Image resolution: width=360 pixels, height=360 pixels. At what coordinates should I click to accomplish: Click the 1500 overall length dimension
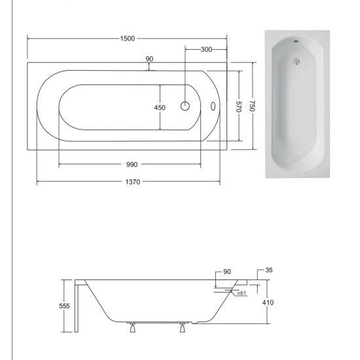128,39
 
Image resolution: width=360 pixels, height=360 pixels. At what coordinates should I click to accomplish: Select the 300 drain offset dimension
206,49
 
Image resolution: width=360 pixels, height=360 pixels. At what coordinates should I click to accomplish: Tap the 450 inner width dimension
160,107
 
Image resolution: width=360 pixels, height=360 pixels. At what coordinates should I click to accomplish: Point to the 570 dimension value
238,107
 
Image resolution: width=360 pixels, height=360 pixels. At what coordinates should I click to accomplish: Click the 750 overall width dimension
252,106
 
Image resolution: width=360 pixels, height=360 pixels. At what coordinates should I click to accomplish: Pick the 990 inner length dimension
132,164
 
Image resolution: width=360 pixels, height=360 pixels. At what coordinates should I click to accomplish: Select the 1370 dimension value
133,182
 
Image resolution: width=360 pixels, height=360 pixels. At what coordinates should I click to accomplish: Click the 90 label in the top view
149,59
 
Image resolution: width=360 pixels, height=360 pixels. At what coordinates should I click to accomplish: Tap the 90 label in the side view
227,272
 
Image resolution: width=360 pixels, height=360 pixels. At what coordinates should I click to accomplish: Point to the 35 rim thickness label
269,270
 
